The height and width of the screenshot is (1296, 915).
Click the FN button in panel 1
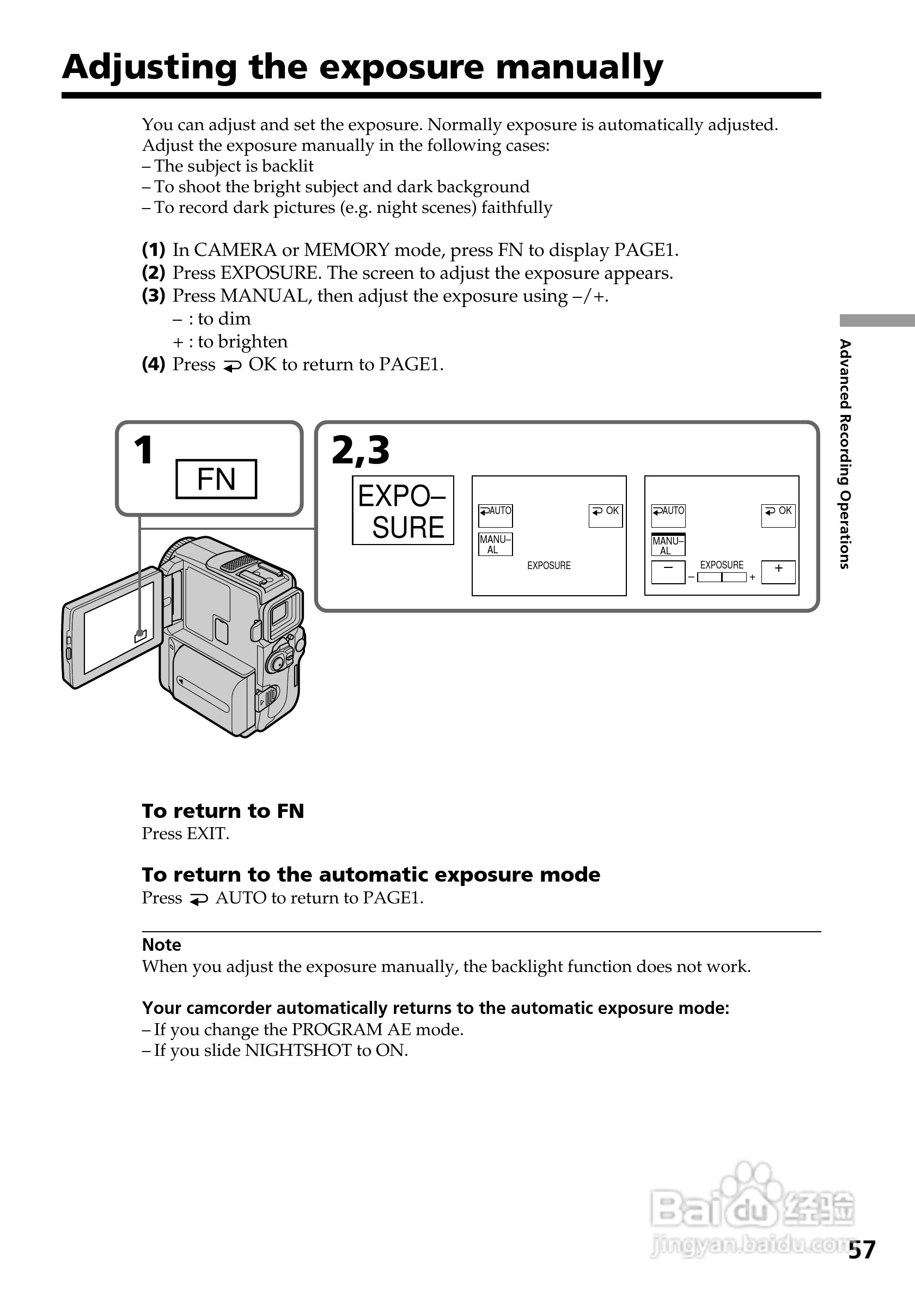click(216, 479)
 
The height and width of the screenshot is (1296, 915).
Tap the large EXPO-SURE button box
click(402, 510)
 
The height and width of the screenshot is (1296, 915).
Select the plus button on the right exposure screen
click(778, 571)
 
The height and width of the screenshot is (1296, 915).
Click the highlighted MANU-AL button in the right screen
click(668, 545)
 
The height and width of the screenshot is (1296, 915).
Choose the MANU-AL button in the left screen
click(495, 544)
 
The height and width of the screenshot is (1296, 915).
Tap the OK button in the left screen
click(605, 515)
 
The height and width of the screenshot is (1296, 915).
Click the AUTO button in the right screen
click(668, 515)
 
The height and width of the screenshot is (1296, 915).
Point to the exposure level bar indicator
click(722, 577)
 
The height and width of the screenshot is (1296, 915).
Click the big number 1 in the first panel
click(143, 450)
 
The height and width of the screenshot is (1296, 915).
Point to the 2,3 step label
click(360, 450)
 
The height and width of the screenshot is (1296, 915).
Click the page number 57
click(862, 1250)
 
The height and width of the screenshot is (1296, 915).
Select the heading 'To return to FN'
click(223, 811)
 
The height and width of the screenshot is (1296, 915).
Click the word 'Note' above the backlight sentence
click(161, 945)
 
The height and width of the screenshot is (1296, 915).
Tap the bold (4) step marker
click(153, 364)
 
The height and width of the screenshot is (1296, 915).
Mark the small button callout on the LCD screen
click(140, 636)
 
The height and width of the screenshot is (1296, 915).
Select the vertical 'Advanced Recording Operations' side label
click(845, 454)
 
